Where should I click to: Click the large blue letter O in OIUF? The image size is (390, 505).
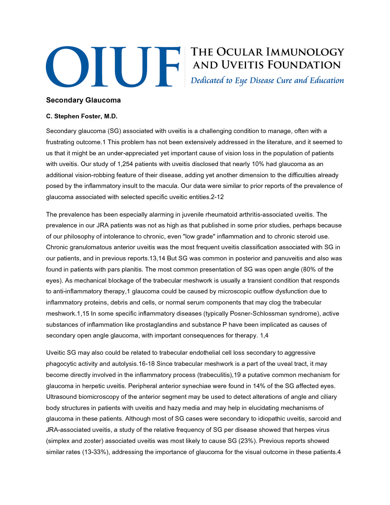click(x=68, y=67)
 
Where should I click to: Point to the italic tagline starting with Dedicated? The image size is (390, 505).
click(x=267, y=80)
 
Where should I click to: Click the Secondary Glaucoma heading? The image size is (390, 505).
click(x=83, y=100)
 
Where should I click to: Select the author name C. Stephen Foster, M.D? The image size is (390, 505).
click(x=82, y=116)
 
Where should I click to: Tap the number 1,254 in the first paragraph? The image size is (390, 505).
click(x=126, y=164)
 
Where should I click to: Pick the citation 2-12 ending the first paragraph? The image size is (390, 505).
click(x=217, y=197)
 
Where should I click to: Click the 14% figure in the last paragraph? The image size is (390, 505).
click(x=260, y=386)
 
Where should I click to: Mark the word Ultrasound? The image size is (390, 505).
click(x=61, y=397)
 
